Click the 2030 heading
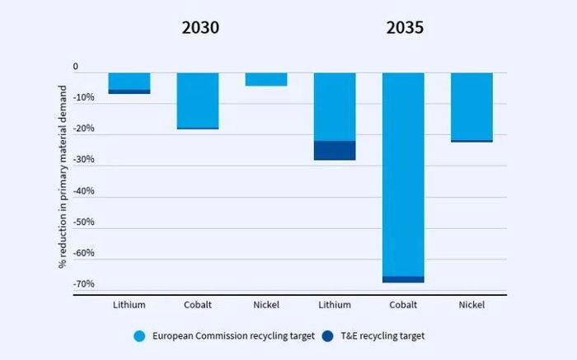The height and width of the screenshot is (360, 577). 200,28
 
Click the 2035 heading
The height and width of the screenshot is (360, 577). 404,28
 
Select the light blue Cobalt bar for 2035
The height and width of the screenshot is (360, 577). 403,173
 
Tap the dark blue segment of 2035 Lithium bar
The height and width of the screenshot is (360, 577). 335,150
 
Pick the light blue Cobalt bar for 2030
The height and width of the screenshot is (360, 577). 198,100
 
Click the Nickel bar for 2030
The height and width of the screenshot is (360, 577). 266,79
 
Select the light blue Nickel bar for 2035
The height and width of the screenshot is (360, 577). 471,106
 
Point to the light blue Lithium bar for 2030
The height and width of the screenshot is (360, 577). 129,81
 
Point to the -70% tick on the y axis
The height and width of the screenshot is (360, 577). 83,284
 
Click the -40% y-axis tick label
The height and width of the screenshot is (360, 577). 83,191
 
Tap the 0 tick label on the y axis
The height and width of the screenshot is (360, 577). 76,67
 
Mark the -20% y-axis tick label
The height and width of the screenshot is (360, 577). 83,129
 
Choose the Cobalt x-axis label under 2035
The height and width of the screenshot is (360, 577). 403,305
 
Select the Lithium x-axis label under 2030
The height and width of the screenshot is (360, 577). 129,305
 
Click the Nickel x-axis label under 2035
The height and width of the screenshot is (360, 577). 471,305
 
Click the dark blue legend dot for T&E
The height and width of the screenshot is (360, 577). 329,336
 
